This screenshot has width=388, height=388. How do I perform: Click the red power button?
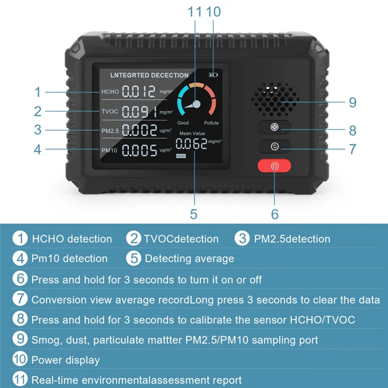pos(274,166)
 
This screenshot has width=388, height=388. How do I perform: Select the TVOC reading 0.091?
pos(138,112)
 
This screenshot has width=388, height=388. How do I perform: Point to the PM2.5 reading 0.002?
pos(139,130)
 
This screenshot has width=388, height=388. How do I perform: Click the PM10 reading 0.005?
pos(139,150)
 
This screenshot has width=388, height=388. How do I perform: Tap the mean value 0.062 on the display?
pos(191,143)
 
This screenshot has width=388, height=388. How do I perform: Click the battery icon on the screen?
pos(213,75)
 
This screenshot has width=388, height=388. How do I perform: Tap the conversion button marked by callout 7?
pos(274,146)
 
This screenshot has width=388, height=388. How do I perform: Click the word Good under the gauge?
pos(183,123)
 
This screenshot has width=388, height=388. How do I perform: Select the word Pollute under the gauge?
pos(211,123)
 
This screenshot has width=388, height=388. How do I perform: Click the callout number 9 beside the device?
pos(353,103)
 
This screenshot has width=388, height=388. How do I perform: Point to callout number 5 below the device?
pos(194,214)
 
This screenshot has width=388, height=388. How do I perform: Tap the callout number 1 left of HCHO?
pos(38,92)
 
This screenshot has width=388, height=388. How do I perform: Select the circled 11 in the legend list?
pos(20,380)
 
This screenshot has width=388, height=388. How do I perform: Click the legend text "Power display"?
pos(65,360)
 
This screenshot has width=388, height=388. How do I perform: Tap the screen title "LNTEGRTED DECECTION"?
pos(149,75)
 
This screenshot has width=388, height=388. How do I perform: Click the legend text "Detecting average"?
pos(189,259)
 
